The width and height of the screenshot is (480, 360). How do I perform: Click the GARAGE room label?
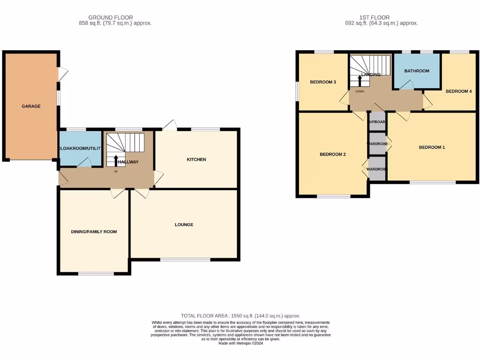click(31, 106)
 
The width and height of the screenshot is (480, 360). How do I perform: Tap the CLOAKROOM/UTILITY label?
click(80, 148)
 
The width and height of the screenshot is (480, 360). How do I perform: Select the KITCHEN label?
click(196, 160)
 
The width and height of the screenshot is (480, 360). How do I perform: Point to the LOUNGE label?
click(184, 225)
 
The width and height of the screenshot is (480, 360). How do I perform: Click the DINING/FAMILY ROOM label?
click(94, 232)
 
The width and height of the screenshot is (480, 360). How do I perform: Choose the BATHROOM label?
click(417, 71)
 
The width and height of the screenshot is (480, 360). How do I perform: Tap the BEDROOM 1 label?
click(432, 147)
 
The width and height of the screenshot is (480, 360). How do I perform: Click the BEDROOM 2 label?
click(332, 154)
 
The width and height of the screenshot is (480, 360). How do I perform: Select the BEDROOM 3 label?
click(323, 82)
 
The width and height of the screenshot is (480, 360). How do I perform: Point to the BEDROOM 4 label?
click(458, 91)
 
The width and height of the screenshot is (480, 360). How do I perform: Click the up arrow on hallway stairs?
click(116, 160)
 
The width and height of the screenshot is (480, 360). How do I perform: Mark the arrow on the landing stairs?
click(360, 80)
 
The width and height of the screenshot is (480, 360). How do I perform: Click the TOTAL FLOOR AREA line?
click(240, 316)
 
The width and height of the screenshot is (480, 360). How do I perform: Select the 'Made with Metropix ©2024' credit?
click(240, 343)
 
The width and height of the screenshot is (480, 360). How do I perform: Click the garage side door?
click(62, 74)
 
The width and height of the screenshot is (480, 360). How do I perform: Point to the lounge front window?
click(185, 259)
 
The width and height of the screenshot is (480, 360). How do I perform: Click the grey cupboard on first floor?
click(377, 122)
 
